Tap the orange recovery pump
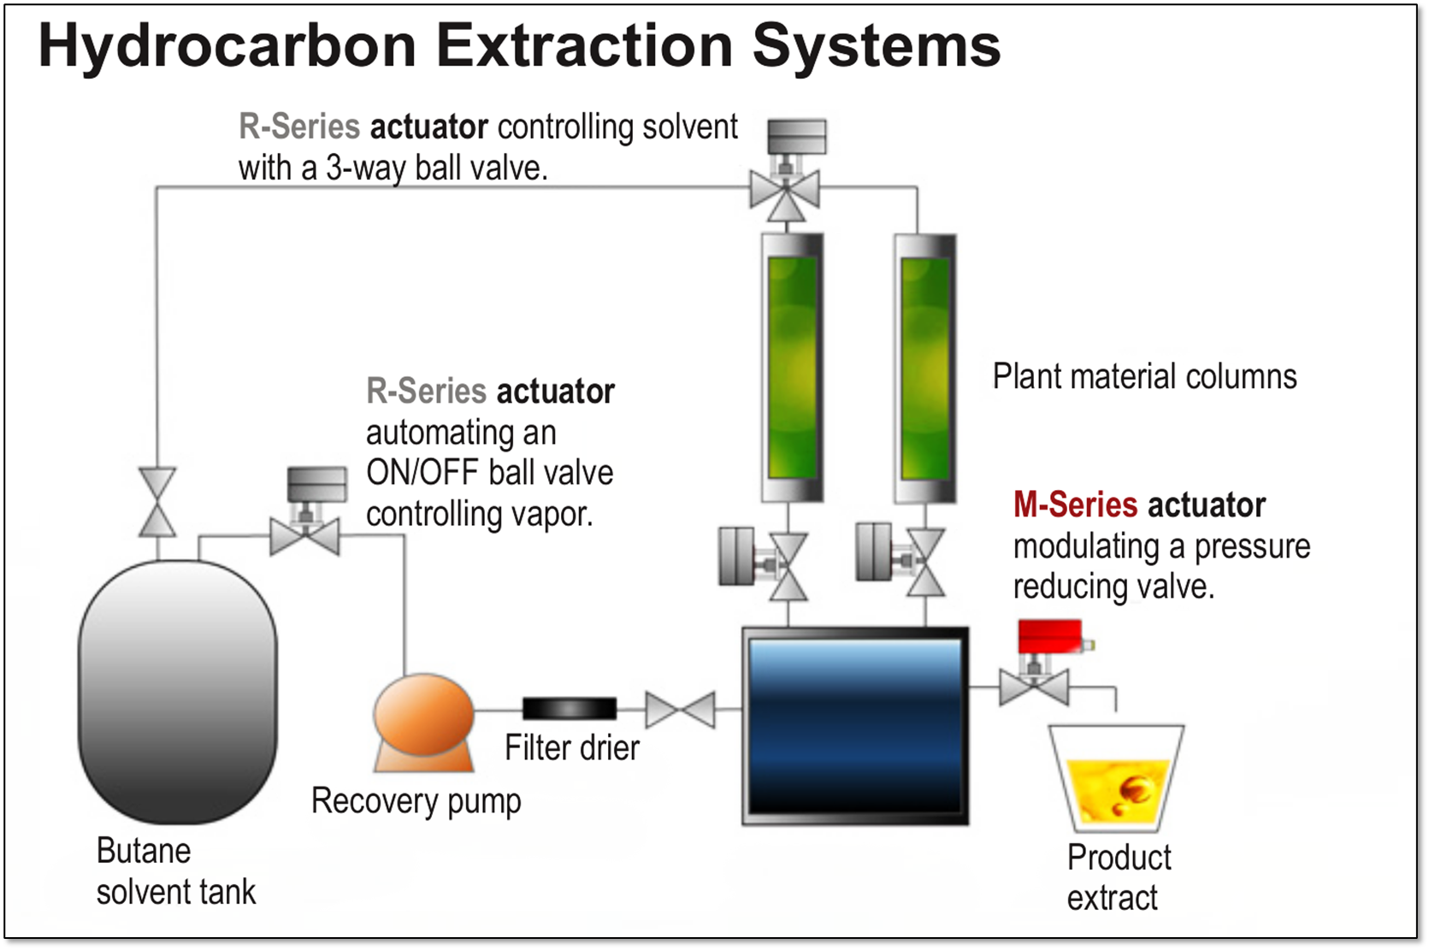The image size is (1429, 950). [423, 717]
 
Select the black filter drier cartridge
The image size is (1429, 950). [570, 708]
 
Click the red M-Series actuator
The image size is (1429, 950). [1050, 637]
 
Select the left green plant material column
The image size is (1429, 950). [792, 368]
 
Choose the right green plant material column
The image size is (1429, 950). [925, 368]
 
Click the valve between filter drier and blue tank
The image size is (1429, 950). [680, 710]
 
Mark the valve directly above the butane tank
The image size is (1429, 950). [157, 503]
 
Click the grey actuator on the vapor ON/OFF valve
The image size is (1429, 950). [316, 484]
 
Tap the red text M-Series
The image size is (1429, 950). [1075, 505]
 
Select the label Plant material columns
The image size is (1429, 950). [1144, 376]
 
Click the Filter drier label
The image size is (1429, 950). [571, 748]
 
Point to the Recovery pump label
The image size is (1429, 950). [416, 801]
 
